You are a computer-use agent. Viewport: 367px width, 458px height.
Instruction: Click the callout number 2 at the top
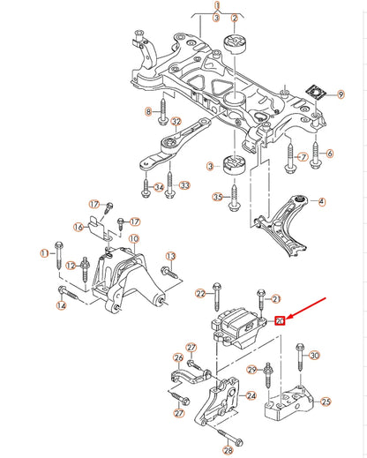pyautogui.click(x=235, y=19)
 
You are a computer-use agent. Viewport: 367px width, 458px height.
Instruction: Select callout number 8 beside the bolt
pyautogui.click(x=150, y=112)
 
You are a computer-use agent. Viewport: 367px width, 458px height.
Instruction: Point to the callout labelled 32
pyautogui.click(x=176, y=122)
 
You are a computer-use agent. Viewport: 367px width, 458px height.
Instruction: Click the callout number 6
pyautogui.click(x=330, y=154)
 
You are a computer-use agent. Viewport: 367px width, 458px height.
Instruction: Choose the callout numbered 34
pyautogui.click(x=159, y=186)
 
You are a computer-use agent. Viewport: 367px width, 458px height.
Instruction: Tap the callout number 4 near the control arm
pyautogui.click(x=321, y=201)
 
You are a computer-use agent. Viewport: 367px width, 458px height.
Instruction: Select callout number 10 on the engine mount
pyautogui.click(x=134, y=238)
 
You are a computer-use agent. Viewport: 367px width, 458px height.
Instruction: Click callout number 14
pyautogui.click(x=61, y=306)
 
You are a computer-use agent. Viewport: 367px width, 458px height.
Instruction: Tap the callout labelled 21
pyautogui.click(x=275, y=299)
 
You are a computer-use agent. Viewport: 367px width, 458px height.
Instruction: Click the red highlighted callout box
pyautogui.click(x=279, y=320)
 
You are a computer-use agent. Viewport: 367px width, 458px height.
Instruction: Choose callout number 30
pyautogui.click(x=315, y=356)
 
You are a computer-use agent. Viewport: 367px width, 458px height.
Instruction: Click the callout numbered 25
pyautogui.click(x=325, y=402)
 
